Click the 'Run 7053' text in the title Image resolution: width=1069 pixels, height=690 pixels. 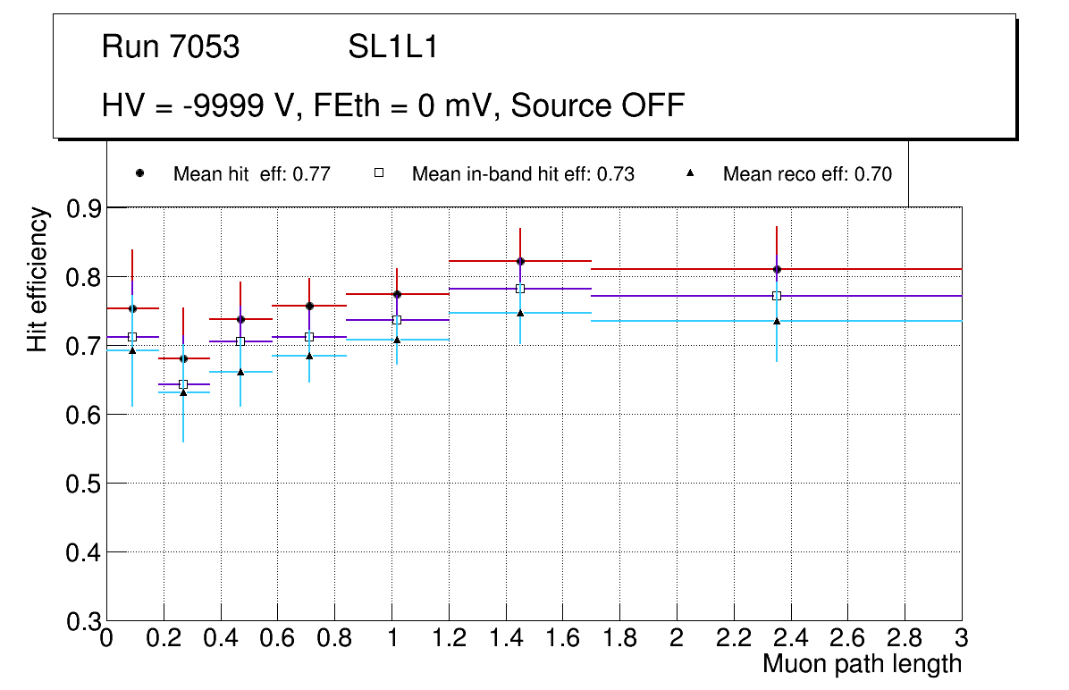click(x=171, y=47)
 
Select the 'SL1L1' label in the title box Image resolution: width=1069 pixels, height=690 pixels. click(x=393, y=47)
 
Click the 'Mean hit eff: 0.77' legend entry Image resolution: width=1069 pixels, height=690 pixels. click(x=251, y=174)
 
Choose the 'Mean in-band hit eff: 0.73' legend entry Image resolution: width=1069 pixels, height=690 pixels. click(x=523, y=174)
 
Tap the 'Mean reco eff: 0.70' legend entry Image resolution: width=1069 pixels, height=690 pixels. click(x=806, y=174)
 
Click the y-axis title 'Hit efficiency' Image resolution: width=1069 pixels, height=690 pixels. click(x=38, y=279)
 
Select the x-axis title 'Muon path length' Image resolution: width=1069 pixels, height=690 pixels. click(x=862, y=664)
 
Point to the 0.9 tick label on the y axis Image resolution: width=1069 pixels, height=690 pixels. click(x=85, y=208)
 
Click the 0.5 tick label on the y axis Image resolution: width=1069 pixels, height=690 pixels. click(x=85, y=484)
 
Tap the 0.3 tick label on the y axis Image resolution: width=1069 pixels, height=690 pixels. click(x=85, y=621)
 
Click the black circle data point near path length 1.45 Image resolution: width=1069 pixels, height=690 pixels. click(x=520, y=261)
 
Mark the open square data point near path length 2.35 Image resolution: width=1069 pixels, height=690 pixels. click(x=777, y=296)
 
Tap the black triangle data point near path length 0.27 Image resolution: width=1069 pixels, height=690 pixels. click(x=183, y=392)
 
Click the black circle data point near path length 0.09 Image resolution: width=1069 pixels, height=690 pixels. click(x=132, y=308)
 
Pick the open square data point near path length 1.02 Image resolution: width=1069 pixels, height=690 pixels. click(x=397, y=320)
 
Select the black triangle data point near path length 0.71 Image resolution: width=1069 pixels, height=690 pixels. click(x=309, y=356)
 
